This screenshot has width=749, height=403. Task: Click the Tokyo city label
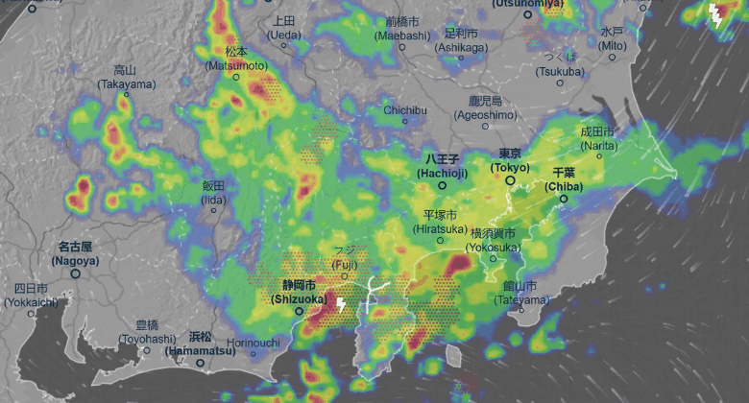(510, 161)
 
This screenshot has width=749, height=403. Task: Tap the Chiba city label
(563, 180)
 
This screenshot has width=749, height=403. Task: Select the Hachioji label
(443, 165)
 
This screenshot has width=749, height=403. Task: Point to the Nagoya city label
(75, 253)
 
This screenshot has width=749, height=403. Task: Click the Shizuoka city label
(298, 292)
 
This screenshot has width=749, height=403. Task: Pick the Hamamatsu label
(200, 344)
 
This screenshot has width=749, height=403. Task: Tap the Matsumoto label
(235, 58)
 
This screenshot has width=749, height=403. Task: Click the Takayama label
(126, 77)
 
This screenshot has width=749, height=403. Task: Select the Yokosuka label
(494, 240)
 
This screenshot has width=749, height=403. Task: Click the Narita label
(597, 137)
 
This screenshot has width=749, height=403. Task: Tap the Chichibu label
(404, 110)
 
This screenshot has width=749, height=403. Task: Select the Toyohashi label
(147, 331)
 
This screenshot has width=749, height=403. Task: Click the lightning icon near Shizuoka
(340, 305)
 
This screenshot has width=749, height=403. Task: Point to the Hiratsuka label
(442, 223)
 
